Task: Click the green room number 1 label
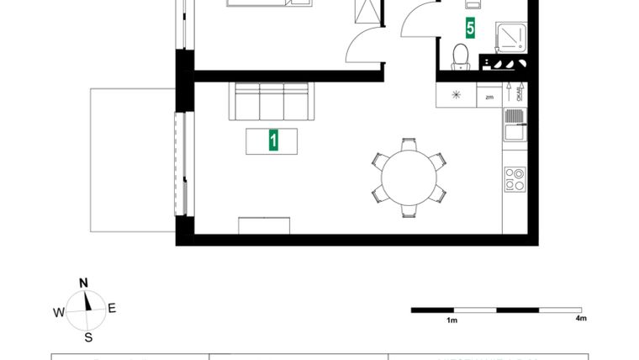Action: click(272, 140)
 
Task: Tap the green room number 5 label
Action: click(470, 29)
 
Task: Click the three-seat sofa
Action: click(272, 103)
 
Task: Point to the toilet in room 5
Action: click(460, 56)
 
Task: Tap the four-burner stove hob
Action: click(514, 179)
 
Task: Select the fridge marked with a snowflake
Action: click(457, 94)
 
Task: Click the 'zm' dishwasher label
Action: click(489, 97)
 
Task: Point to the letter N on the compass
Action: click(83, 283)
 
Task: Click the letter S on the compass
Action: click(87, 338)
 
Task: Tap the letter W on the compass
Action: click(58, 313)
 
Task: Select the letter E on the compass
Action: click(112, 308)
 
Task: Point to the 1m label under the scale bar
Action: click(452, 320)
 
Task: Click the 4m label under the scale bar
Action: click(580, 319)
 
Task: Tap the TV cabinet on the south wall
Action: click(265, 225)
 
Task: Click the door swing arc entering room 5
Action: click(418, 21)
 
